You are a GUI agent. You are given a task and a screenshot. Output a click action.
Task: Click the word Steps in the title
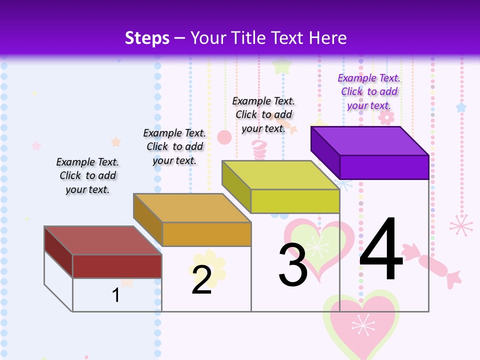(147, 38)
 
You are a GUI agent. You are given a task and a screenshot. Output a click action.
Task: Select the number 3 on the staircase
(293, 264)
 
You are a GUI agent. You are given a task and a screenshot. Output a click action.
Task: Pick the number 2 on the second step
(201, 279)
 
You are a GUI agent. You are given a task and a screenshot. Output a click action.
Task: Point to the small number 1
(116, 295)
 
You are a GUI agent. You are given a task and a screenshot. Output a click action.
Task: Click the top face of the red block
(102, 240)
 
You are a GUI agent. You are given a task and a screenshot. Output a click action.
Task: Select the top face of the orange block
(191, 207)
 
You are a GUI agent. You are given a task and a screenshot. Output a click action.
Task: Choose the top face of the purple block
(369, 140)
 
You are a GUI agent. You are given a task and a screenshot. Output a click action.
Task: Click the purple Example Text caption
(369, 91)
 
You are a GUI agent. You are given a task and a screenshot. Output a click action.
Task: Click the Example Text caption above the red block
(87, 175)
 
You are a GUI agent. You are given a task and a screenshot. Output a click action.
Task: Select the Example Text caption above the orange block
(174, 146)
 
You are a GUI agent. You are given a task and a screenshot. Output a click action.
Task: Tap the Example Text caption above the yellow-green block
(263, 114)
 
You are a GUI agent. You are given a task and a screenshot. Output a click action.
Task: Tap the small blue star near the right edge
(461, 107)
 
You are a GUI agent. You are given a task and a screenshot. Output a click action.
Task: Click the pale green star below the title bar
(282, 65)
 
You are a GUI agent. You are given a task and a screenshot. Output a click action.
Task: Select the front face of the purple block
(384, 167)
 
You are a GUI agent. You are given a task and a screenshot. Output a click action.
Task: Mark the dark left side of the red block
(58, 251)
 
